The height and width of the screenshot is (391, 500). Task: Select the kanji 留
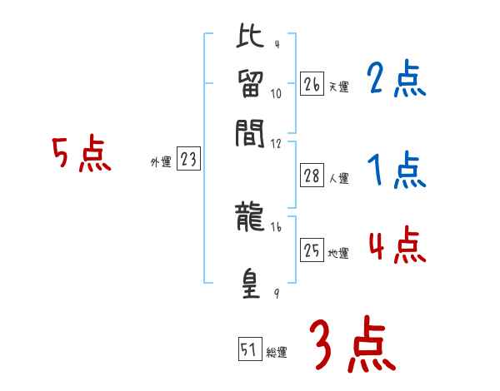pos(251,84)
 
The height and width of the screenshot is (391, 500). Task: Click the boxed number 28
pos(312,176)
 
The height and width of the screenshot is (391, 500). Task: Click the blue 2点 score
pos(396,80)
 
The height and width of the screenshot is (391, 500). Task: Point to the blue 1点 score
pos(396,172)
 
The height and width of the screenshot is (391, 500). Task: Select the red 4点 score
pos(396,247)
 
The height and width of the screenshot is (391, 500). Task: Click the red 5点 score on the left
pos(82,156)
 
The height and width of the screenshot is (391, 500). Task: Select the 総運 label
pos(277,353)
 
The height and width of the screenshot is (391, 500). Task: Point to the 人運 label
pos(339,178)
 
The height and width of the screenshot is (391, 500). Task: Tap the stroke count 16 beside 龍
pos(276,227)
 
